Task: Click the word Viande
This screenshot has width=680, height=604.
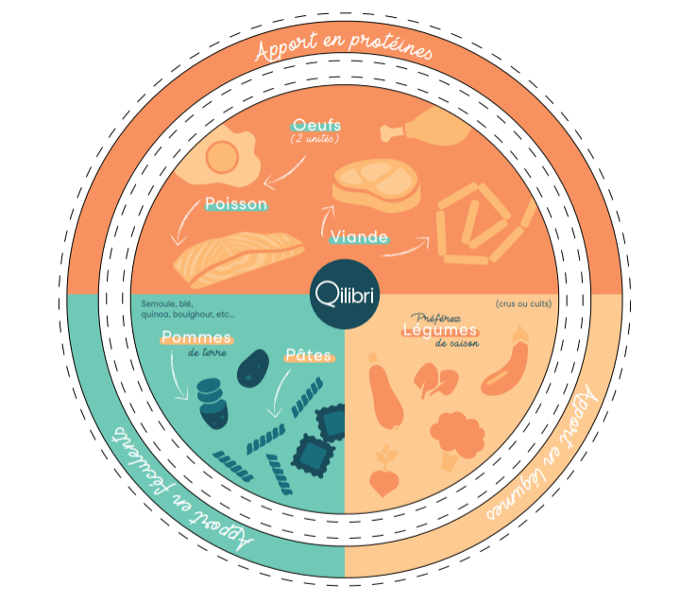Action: (x=359, y=237)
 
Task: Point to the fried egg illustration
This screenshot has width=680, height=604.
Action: (x=221, y=158)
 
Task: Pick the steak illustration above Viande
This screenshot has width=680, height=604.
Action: (x=376, y=183)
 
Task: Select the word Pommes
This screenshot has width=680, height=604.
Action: (x=196, y=337)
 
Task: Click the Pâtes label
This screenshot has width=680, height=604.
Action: (x=309, y=356)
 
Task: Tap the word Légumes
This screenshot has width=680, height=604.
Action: (x=440, y=331)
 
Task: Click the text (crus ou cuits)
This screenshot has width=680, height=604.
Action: (x=523, y=303)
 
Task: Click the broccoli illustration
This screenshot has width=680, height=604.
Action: (x=458, y=436)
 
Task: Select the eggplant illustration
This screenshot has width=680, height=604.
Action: (x=510, y=365)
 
